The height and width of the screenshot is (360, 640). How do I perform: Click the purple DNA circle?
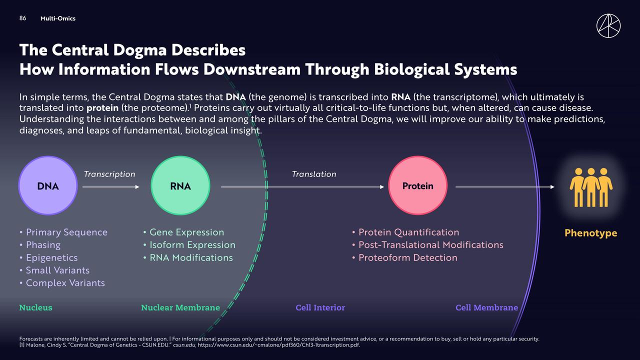point(48,186)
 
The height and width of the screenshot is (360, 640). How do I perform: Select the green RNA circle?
point(180,186)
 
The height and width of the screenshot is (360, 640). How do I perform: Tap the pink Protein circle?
point(418,186)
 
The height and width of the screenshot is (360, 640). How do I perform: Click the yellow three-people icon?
point(591,187)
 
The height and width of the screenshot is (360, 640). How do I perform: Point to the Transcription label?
point(109,174)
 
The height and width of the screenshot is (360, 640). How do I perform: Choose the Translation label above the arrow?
point(314,174)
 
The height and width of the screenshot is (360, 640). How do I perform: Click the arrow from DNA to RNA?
point(110,187)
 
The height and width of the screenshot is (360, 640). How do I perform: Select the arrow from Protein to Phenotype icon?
point(505,187)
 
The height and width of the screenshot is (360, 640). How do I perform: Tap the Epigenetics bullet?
point(51,257)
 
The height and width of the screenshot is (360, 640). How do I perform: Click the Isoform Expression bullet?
point(192,245)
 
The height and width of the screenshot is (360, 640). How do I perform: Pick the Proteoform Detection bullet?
point(407,257)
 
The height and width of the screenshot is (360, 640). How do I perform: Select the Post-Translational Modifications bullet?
point(430,245)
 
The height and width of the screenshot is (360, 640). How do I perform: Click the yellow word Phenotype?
point(590,233)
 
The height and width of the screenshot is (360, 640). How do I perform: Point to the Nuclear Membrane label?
point(180,307)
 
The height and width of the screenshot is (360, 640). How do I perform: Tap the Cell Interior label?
point(320,307)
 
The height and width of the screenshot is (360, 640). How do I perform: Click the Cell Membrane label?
point(486,307)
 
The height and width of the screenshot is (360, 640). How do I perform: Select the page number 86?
point(22,18)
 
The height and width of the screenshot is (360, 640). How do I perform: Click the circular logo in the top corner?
point(608,25)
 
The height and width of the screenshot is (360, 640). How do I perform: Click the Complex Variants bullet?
point(65,283)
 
